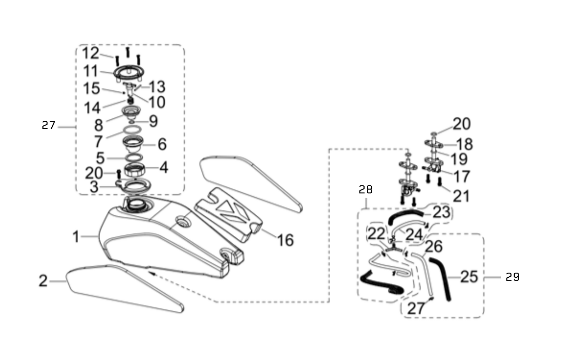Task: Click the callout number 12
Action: [91, 53]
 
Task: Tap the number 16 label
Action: [285, 240]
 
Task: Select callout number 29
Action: [512, 277]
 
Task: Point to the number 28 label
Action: [366, 190]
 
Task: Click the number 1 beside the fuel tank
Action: [76, 237]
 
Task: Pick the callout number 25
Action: [469, 277]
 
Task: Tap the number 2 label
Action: [43, 281]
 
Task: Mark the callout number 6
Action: [162, 144]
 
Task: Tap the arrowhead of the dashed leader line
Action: [150, 272]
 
